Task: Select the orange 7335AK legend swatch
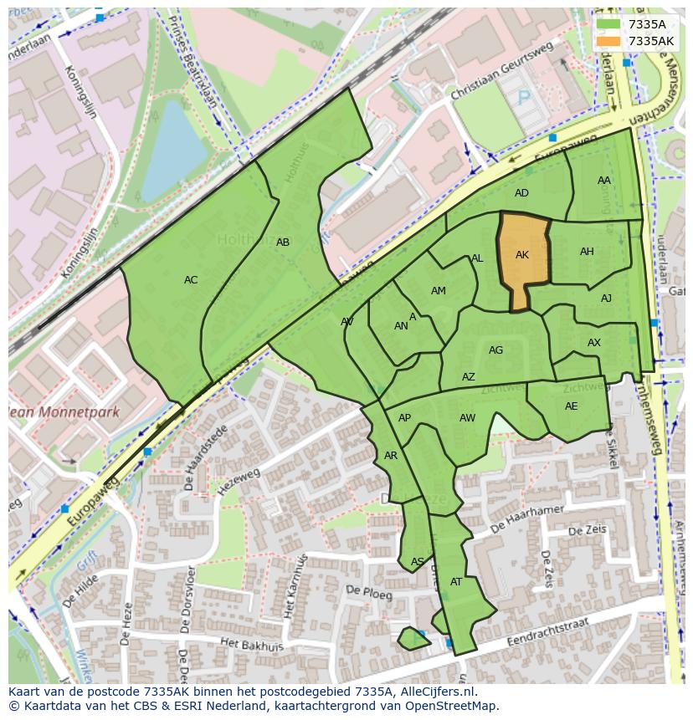coord(608,41)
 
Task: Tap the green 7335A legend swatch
coord(608,24)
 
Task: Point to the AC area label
coord(191,280)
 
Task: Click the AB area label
coord(283,243)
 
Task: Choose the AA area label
coord(604,181)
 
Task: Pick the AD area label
coord(521,193)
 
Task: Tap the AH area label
coord(587,252)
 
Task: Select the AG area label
coord(495,350)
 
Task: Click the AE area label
coord(571,406)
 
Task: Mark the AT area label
coord(456,582)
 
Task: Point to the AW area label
coord(467,418)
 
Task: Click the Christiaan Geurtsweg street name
coord(490,82)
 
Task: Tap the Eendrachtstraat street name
coord(547,631)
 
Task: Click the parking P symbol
coord(524,98)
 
